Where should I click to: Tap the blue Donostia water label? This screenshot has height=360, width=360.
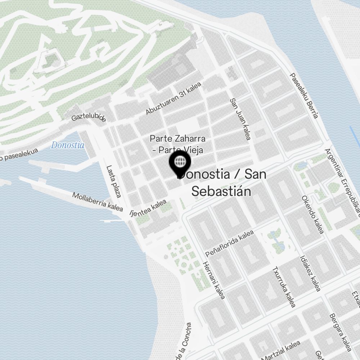[68, 145]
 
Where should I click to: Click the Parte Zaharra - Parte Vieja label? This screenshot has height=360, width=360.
[177, 144]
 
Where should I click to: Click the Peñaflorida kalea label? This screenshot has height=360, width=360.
[230, 243]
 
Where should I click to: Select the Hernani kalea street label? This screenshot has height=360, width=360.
[214, 280]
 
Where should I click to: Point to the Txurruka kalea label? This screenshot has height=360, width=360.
[283, 287]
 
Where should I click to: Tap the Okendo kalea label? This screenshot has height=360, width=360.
[312, 215]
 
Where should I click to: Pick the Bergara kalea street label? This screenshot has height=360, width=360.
[340, 333]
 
